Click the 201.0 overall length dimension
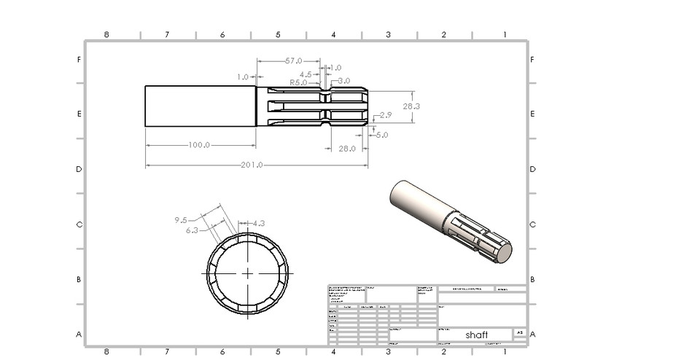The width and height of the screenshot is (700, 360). pyautogui.click(x=252, y=165)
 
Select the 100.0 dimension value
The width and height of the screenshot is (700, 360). pyautogui.click(x=199, y=145)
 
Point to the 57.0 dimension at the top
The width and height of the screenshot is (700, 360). pyautogui.click(x=293, y=61)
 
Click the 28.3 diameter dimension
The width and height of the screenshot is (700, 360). pyautogui.click(x=411, y=106)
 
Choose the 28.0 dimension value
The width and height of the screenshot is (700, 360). pyautogui.click(x=347, y=149)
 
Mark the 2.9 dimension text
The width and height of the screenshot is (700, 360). pyautogui.click(x=386, y=115)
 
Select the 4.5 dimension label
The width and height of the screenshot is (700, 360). pyautogui.click(x=306, y=74)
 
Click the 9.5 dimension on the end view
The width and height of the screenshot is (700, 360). pyautogui.click(x=182, y=219)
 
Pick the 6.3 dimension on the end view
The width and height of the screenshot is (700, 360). pyautogui.click(x=192, y=230)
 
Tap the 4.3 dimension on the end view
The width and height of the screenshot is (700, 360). pyautogui.click(x=258, y=223)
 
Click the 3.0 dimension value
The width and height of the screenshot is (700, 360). pyautogui.click(x=343, y=81)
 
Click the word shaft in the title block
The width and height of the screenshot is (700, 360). pyautogui.click(x=477, y=334)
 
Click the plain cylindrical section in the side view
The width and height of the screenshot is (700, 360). pyautogui.click(x=200, y=106)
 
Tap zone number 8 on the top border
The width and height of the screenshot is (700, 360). pyautogui.click(x=107, y=35)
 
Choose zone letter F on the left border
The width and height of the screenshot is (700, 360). pyautogui.click(x=79, y=60)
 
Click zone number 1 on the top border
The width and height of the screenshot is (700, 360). pyautogui.click(x=504, y=35)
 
